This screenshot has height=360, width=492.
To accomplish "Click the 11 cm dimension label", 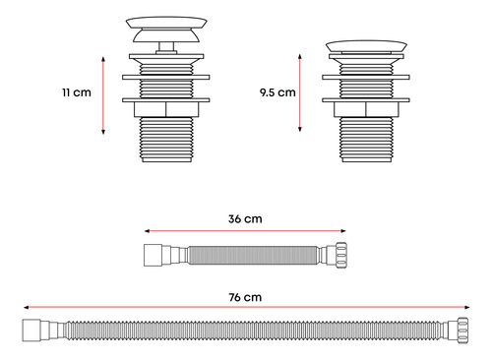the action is [x=77, y=92].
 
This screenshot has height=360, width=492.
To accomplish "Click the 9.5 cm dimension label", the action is [x=277, y=92].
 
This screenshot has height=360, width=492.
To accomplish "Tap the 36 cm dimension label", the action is [x=245, y=218].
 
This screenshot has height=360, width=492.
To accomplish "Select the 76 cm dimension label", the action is [x=245, y=297].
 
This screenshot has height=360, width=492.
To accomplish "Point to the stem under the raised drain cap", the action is [x=166, y=46].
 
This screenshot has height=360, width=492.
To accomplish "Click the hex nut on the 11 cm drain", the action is [x=166, y=109].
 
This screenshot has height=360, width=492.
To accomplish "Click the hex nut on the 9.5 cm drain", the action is [x=366, y=109].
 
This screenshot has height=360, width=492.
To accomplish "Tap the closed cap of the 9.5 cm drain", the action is [x=366, y=46].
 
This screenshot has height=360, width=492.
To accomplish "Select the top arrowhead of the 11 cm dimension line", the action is [x=103, y=59].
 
